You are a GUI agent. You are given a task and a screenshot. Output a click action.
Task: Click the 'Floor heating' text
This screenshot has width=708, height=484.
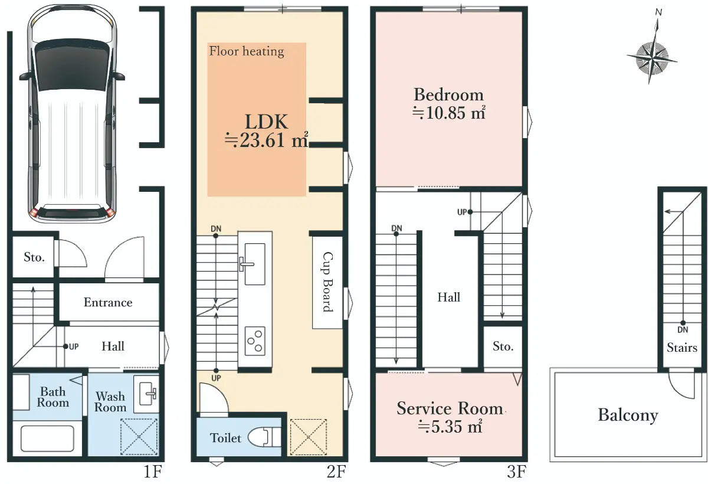pos(247,51)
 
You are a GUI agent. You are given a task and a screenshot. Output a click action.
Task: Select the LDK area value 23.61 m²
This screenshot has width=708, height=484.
pos(267,141)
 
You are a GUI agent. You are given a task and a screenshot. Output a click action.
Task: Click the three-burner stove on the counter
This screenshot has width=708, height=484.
pos(255,341)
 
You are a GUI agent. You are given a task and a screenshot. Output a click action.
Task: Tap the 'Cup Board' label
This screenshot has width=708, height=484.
pos(327,282)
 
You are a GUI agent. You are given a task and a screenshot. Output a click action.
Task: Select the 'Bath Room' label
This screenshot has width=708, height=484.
pos(53,397)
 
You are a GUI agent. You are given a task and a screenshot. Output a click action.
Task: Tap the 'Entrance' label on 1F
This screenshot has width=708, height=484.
pos(108,302)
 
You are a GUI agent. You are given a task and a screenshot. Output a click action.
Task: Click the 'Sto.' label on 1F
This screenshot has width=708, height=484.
pos(34,257)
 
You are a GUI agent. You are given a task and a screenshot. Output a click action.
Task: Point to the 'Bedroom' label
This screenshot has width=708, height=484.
pos(448,94)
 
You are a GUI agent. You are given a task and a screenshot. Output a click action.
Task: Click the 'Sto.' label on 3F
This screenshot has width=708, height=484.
pos(503,346)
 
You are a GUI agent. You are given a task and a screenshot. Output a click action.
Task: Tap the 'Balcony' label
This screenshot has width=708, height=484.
pos(628,415)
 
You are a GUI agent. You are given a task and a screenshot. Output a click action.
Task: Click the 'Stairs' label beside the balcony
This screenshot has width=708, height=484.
pos(682,348)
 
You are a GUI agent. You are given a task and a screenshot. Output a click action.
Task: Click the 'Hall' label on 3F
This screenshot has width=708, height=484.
pos(448,297)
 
